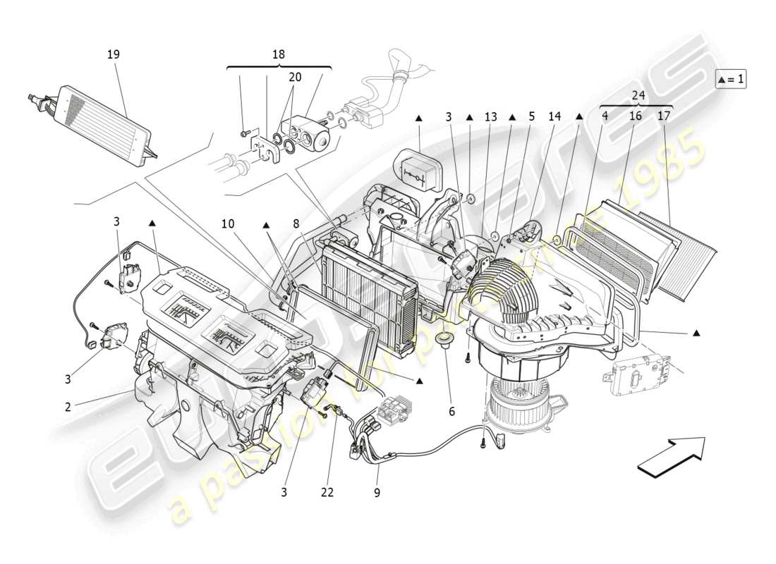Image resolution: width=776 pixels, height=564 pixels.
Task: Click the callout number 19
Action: click(x=113, y=54)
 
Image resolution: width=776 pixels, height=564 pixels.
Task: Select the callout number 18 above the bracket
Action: click(x=278, y=54)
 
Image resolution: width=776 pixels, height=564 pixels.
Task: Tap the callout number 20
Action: click(x=295, y=77)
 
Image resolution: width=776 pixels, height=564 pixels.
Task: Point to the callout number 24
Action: click(x=638, y=95)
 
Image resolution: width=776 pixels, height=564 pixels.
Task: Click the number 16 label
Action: click(x=635, y=116)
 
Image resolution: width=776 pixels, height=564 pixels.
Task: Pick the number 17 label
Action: click(x=664, y=116)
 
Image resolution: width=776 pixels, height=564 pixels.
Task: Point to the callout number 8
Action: click(x=298, y=223)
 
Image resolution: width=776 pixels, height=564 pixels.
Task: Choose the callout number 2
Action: click(x=68, y=407)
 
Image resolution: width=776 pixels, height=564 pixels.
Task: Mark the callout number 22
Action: click(x=326, y=493)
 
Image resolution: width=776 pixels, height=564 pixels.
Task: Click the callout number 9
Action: click(x=377, y=493)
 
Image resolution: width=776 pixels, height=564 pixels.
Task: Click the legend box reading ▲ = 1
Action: click(x=731, y=79)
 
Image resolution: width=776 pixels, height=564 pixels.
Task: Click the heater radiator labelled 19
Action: click(x=103, y=125)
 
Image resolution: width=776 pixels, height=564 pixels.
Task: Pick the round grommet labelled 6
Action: click(x=446, y=343)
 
